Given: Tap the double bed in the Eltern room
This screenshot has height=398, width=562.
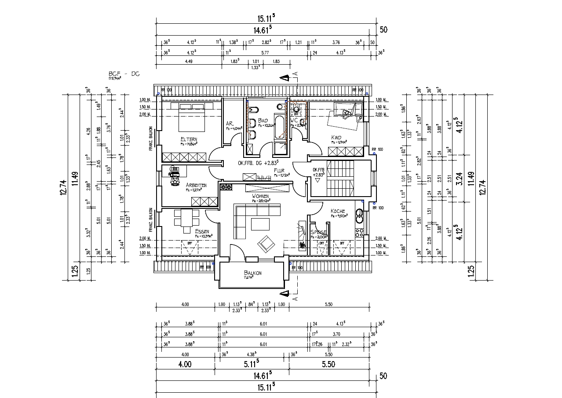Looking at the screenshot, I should point(192,117).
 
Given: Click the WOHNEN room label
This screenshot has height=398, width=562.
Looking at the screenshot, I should point(260,196).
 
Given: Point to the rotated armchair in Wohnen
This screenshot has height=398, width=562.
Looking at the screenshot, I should point(266,243).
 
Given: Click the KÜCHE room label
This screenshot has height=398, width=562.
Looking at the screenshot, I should point(338,212).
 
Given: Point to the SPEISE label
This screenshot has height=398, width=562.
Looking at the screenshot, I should point(318,232).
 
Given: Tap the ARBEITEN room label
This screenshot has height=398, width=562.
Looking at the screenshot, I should point(196,186).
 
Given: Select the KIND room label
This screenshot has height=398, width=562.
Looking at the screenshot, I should point(336,138).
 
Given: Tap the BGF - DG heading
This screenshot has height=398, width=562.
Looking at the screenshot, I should point(124,74).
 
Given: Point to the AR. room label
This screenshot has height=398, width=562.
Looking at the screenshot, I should point(230,124).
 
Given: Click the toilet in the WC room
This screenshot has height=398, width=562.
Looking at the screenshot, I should point(297,109).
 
